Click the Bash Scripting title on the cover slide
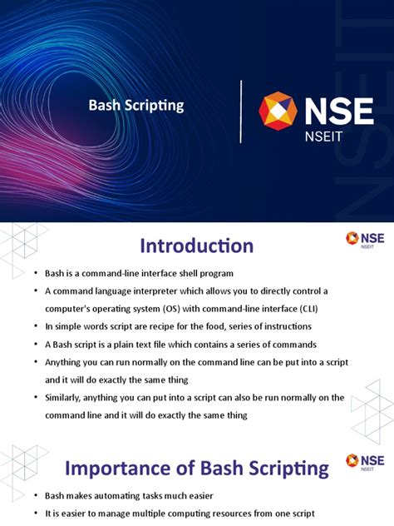136,106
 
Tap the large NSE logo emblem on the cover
278,112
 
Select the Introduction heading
196,246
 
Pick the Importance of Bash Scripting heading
197,468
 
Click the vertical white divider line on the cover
241,112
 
